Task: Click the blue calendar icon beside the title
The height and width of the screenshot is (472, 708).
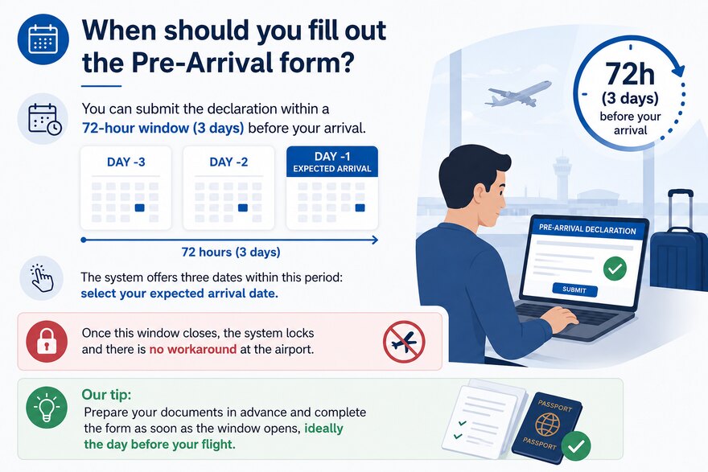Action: (x=43, y=39)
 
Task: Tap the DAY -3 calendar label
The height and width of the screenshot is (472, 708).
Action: (x=126, y=162)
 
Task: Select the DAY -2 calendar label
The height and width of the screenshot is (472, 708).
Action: (x=229, y=162)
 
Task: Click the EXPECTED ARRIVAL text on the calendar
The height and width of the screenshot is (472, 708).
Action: (x=331, y=169)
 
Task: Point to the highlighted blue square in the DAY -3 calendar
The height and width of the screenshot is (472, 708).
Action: (x=139, y=207)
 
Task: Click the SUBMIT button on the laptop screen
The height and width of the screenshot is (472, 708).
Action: (x=574, y=289)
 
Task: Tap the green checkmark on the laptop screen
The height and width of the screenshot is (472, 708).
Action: (x=615, y=268)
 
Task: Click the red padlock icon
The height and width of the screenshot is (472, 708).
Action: (x=47, y=342)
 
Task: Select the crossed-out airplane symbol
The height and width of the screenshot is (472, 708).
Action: (x=404, y=342)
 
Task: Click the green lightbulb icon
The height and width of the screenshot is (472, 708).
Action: (x=47, y=408)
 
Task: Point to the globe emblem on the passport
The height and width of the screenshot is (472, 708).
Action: (x=547, y=425)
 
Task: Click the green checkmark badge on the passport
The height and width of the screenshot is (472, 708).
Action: (x=576, y=445)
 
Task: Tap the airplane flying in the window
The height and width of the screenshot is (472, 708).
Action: (x=518, y=94)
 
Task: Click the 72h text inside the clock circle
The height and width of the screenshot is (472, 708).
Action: (x=629, y=73)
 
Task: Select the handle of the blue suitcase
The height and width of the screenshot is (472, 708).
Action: (x=680, y=207)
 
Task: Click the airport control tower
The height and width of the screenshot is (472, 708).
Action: (x=562, y=179)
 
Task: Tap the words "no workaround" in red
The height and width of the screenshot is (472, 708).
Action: (x=193, y=349)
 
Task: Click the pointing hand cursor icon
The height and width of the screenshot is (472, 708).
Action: (x=42, y=278)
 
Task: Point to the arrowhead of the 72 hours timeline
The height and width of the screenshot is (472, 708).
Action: (x=375, y=240)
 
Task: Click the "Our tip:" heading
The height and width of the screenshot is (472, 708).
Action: (x=106, y=395)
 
